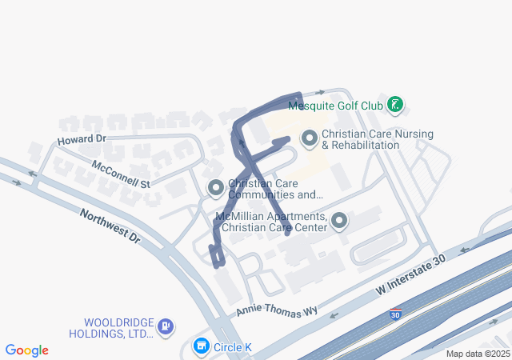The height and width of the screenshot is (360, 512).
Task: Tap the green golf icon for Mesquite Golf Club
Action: (x=394, y=104)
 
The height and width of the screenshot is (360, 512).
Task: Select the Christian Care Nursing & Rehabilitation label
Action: (x=360, y=140)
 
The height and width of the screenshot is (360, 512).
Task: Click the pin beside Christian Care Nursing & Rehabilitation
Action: (x=310, y=139)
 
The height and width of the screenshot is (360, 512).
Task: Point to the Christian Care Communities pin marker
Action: (x=215, y=189)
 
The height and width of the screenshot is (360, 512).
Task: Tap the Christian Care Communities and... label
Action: (x=275, y=189)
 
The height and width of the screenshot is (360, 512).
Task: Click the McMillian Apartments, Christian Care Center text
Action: (x=271, y=222)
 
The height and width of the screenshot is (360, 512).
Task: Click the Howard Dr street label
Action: (x=82, y=139)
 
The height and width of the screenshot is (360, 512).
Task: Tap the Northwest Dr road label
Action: (x=110, y=227)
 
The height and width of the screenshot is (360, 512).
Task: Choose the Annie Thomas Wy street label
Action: (x=270, y=305)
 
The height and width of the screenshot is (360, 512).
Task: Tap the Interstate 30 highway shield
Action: (x=395, y=314)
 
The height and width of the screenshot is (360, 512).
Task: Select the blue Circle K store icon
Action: (x=201, y=346)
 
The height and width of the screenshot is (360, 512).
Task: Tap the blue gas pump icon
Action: (x=166, y=326)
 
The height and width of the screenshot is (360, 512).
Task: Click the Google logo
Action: (x=27, y=350)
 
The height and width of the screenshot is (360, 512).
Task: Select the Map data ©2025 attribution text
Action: (x=478, y=354)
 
